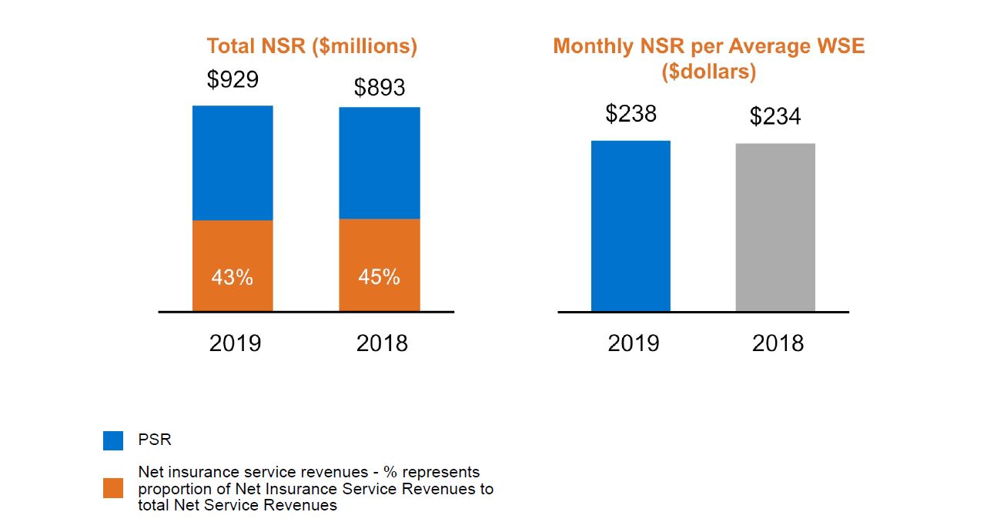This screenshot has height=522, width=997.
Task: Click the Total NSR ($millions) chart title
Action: (x=312, y=46)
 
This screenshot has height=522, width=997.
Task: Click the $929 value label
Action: (x=233, y=79)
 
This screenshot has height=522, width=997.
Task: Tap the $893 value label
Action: (x=380, y=88)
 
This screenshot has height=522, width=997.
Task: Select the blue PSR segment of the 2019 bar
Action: (x=233, y=162)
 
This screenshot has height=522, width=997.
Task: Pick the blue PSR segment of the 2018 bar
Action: (x=380, y=162)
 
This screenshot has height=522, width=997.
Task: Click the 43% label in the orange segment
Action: (x=233, y=278)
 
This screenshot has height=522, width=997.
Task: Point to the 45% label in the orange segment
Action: (x=380, y=277)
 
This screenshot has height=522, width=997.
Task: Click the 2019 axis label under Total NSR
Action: (x=235, y=343)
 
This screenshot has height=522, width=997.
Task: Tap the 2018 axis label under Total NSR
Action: (x=382, y=343)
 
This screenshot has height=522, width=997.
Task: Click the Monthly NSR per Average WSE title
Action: (x=709, y=46)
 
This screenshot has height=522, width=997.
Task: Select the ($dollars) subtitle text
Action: (x=709, y=72)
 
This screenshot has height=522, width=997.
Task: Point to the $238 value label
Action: (x=631, y=114)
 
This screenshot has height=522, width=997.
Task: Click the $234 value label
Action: (x=775, y=117)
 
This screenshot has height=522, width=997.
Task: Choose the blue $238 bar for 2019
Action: (x=631, y=226)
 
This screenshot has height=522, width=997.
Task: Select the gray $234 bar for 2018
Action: (x=775, y=228)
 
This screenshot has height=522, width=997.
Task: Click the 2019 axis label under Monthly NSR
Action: (x=633, y=343)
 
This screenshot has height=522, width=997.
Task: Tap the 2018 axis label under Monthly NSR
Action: (x=778, y=343)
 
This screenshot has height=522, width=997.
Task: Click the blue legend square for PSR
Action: (x=113, y=440)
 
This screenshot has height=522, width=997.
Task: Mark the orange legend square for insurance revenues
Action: (x=113, y=488)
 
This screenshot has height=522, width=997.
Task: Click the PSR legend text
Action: (x=155, y=440)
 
